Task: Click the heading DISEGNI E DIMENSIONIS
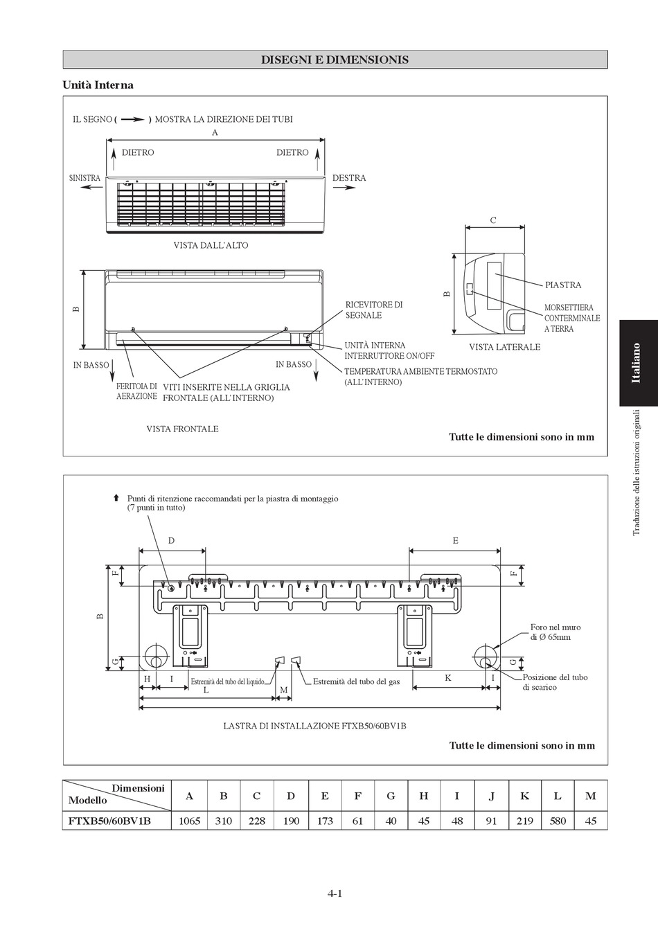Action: coord(335,60)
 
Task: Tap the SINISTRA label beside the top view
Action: coord(85,178)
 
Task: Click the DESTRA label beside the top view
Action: coord(349,178)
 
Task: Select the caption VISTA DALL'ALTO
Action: coord(211,245)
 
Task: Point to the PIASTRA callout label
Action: coord(563,285)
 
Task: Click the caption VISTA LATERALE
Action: coord(504,347)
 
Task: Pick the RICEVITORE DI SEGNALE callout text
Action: coord(374,310)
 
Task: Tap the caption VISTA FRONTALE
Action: coord(182,429)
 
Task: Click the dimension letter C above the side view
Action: coord(493,220)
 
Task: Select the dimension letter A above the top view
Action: coord(215,132)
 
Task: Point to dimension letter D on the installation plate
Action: coord(172,540)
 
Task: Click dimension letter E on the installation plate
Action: coord(455,540)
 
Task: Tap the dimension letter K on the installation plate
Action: coord(448,677)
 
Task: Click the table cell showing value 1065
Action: coord(189,821)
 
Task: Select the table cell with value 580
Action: coord(558,821)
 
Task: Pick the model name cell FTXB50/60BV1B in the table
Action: coord(109,821)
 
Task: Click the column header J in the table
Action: coord(491,796)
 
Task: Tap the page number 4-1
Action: coord(335,893)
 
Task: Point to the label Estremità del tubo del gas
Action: coord(356,681)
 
